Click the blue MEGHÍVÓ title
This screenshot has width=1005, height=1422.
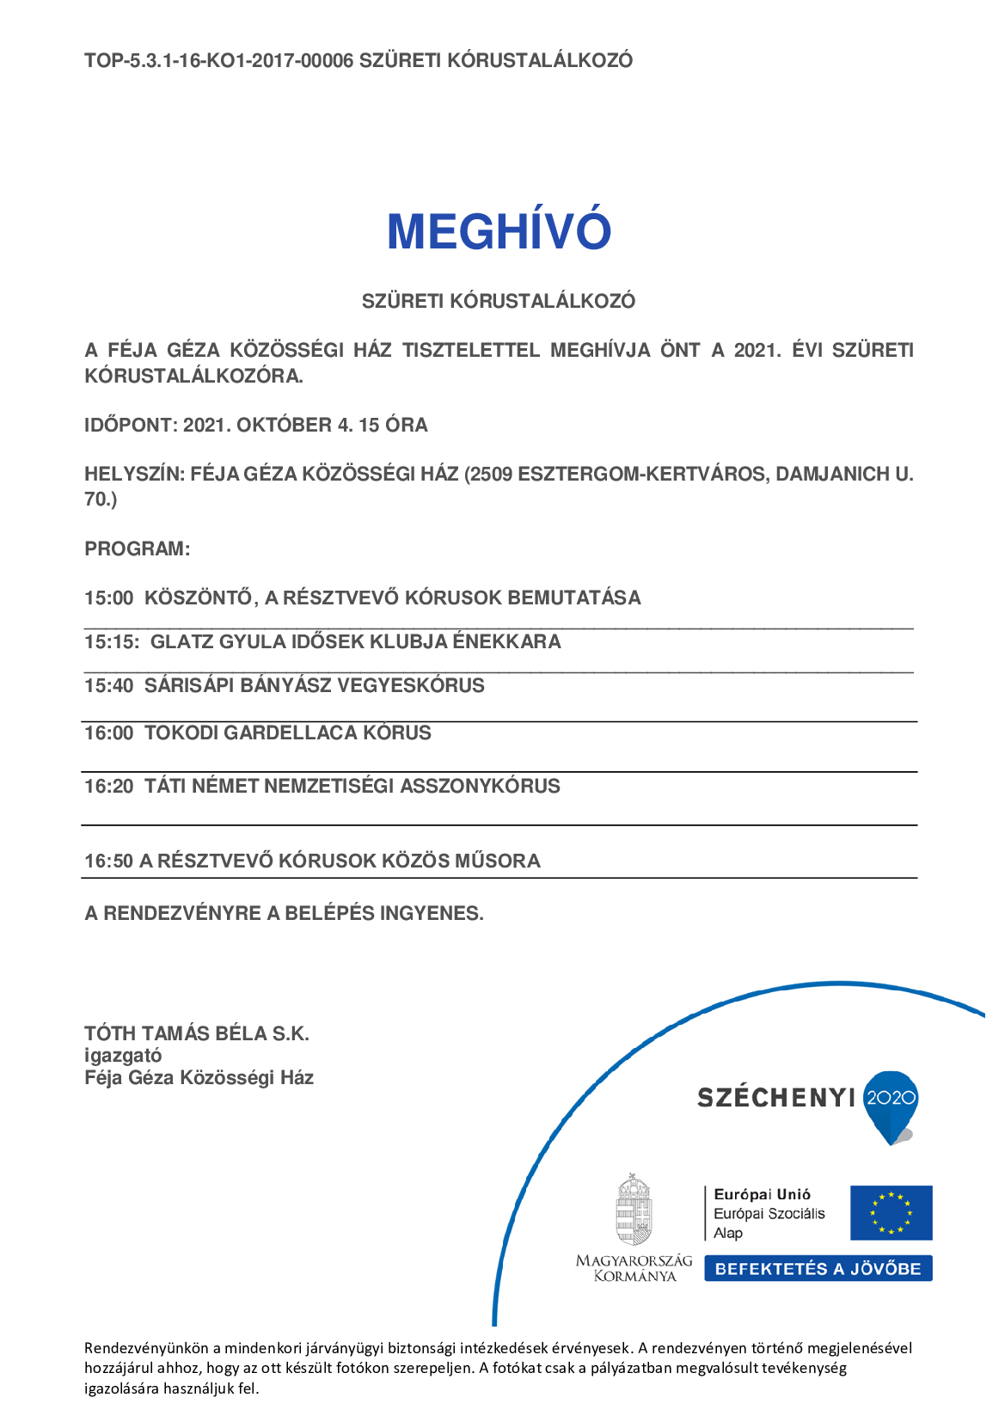[x=499, y=232]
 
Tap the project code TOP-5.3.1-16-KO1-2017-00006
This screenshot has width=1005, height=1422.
[x=218, y=61]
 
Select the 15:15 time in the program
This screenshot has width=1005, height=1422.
[x=111, y=642]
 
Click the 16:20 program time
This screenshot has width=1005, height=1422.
[x=108, y=787]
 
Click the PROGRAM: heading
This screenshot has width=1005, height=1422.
[x=137, y=549]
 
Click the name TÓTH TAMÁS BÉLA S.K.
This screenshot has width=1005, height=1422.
[x=196, y=1034]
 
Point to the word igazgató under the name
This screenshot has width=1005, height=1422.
[x=123, y=1056]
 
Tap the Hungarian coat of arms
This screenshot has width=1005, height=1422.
[x=634, y=1209]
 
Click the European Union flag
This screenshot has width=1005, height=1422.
[x=891, y=1213]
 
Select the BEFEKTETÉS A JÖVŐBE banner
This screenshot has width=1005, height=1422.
[x=818, y=1269]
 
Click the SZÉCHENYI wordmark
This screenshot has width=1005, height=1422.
[x=775, y=1098]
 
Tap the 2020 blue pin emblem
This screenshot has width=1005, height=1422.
[x=892, y=1103]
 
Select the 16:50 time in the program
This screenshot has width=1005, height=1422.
[x=108, y=861]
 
